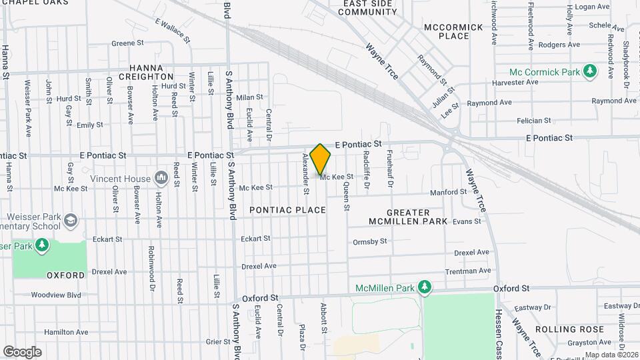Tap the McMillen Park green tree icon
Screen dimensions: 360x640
pyautogui.click(x=423, y=287)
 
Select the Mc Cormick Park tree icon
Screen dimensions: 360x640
pyautogui.click(x=589, y=71)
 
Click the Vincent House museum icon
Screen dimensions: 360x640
pyautogui.click(x=161, y=178)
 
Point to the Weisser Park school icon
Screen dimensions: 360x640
pyautogui.click(x=72, y=221)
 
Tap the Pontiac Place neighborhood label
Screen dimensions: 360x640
pyautogui.click(x=288, y=210)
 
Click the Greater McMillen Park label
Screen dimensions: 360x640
pyautogui.click(x=407, y=215)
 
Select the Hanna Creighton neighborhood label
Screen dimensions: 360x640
pyautogui.click(x=151, y=72)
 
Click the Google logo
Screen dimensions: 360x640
pyautogui.click(x=22, y=352)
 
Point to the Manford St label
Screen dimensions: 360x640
pyautogui.click(x=449, y=192)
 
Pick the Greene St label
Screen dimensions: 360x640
pyautogui.click(x=123, y=43)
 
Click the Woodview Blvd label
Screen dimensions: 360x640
pyautogui.click(x=56, y=295)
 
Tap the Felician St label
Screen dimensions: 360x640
pyautogui.click(x=534, y=121)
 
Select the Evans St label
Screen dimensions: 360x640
pyautogui.click(x=467, y=221)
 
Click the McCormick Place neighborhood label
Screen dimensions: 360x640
pyautogui.click(x=447, y=31)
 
